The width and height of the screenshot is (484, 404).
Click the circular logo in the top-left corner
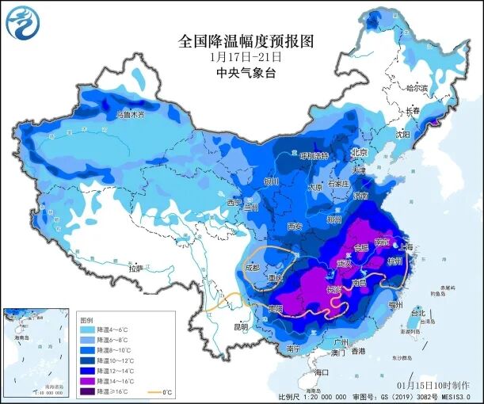[x=21, y=21]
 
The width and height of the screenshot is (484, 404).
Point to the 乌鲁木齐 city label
[x=131, y=114]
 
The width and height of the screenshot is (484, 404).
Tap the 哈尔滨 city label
[x=416, y=87]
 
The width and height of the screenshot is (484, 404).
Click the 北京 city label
[x=360, y=152]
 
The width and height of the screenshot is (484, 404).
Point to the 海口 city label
[x=320, y=372]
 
